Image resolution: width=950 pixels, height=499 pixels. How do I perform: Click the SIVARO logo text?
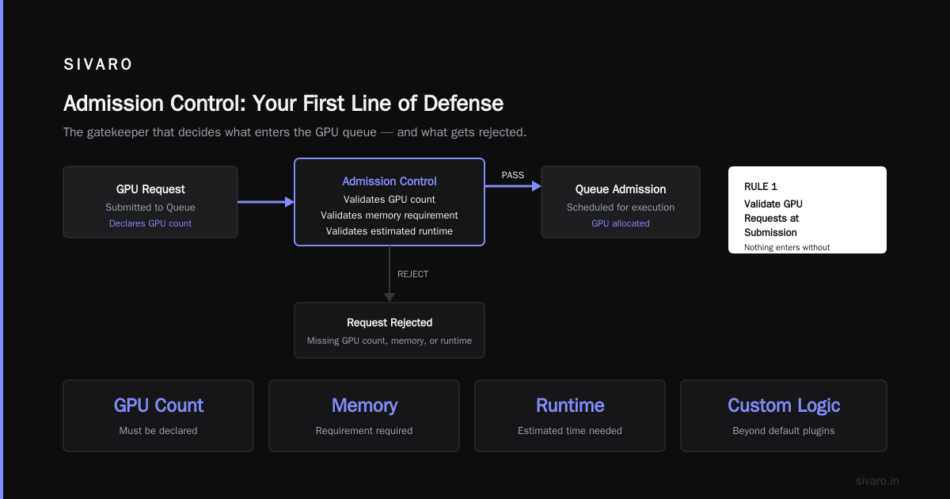[97, 64]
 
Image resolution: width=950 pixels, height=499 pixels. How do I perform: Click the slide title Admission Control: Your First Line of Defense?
[283, 103]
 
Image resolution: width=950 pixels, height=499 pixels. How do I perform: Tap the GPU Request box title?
[150, 189]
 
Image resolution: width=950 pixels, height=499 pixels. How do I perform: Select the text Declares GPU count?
[150, 223]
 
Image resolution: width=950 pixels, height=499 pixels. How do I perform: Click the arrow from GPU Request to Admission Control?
[265, 202]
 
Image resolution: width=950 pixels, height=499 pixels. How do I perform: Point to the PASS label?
[513, 175]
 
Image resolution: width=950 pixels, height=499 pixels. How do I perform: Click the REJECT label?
[412, 274]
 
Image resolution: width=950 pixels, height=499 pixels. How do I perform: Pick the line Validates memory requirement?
[389, 215]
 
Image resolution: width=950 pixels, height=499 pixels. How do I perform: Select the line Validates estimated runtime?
[389, 230]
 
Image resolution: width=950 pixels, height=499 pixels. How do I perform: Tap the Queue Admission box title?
[621, 189]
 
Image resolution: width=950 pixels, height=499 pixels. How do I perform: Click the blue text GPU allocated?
[621, 223]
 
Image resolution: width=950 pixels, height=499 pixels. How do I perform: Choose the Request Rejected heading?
[389, 322]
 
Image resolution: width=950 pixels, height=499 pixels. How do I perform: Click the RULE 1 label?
[761, 187]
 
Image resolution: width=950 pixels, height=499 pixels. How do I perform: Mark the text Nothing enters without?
[787, 247]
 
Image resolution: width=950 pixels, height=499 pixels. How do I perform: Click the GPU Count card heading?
[158, 406]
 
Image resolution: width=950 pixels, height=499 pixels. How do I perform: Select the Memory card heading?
[364, 406]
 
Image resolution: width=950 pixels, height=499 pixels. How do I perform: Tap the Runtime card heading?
[570, 406]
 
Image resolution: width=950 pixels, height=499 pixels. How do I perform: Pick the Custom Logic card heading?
[784, 406]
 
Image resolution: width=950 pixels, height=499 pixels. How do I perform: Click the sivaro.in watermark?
[877, 481]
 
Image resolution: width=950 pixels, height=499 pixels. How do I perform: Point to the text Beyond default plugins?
[783, 431]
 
